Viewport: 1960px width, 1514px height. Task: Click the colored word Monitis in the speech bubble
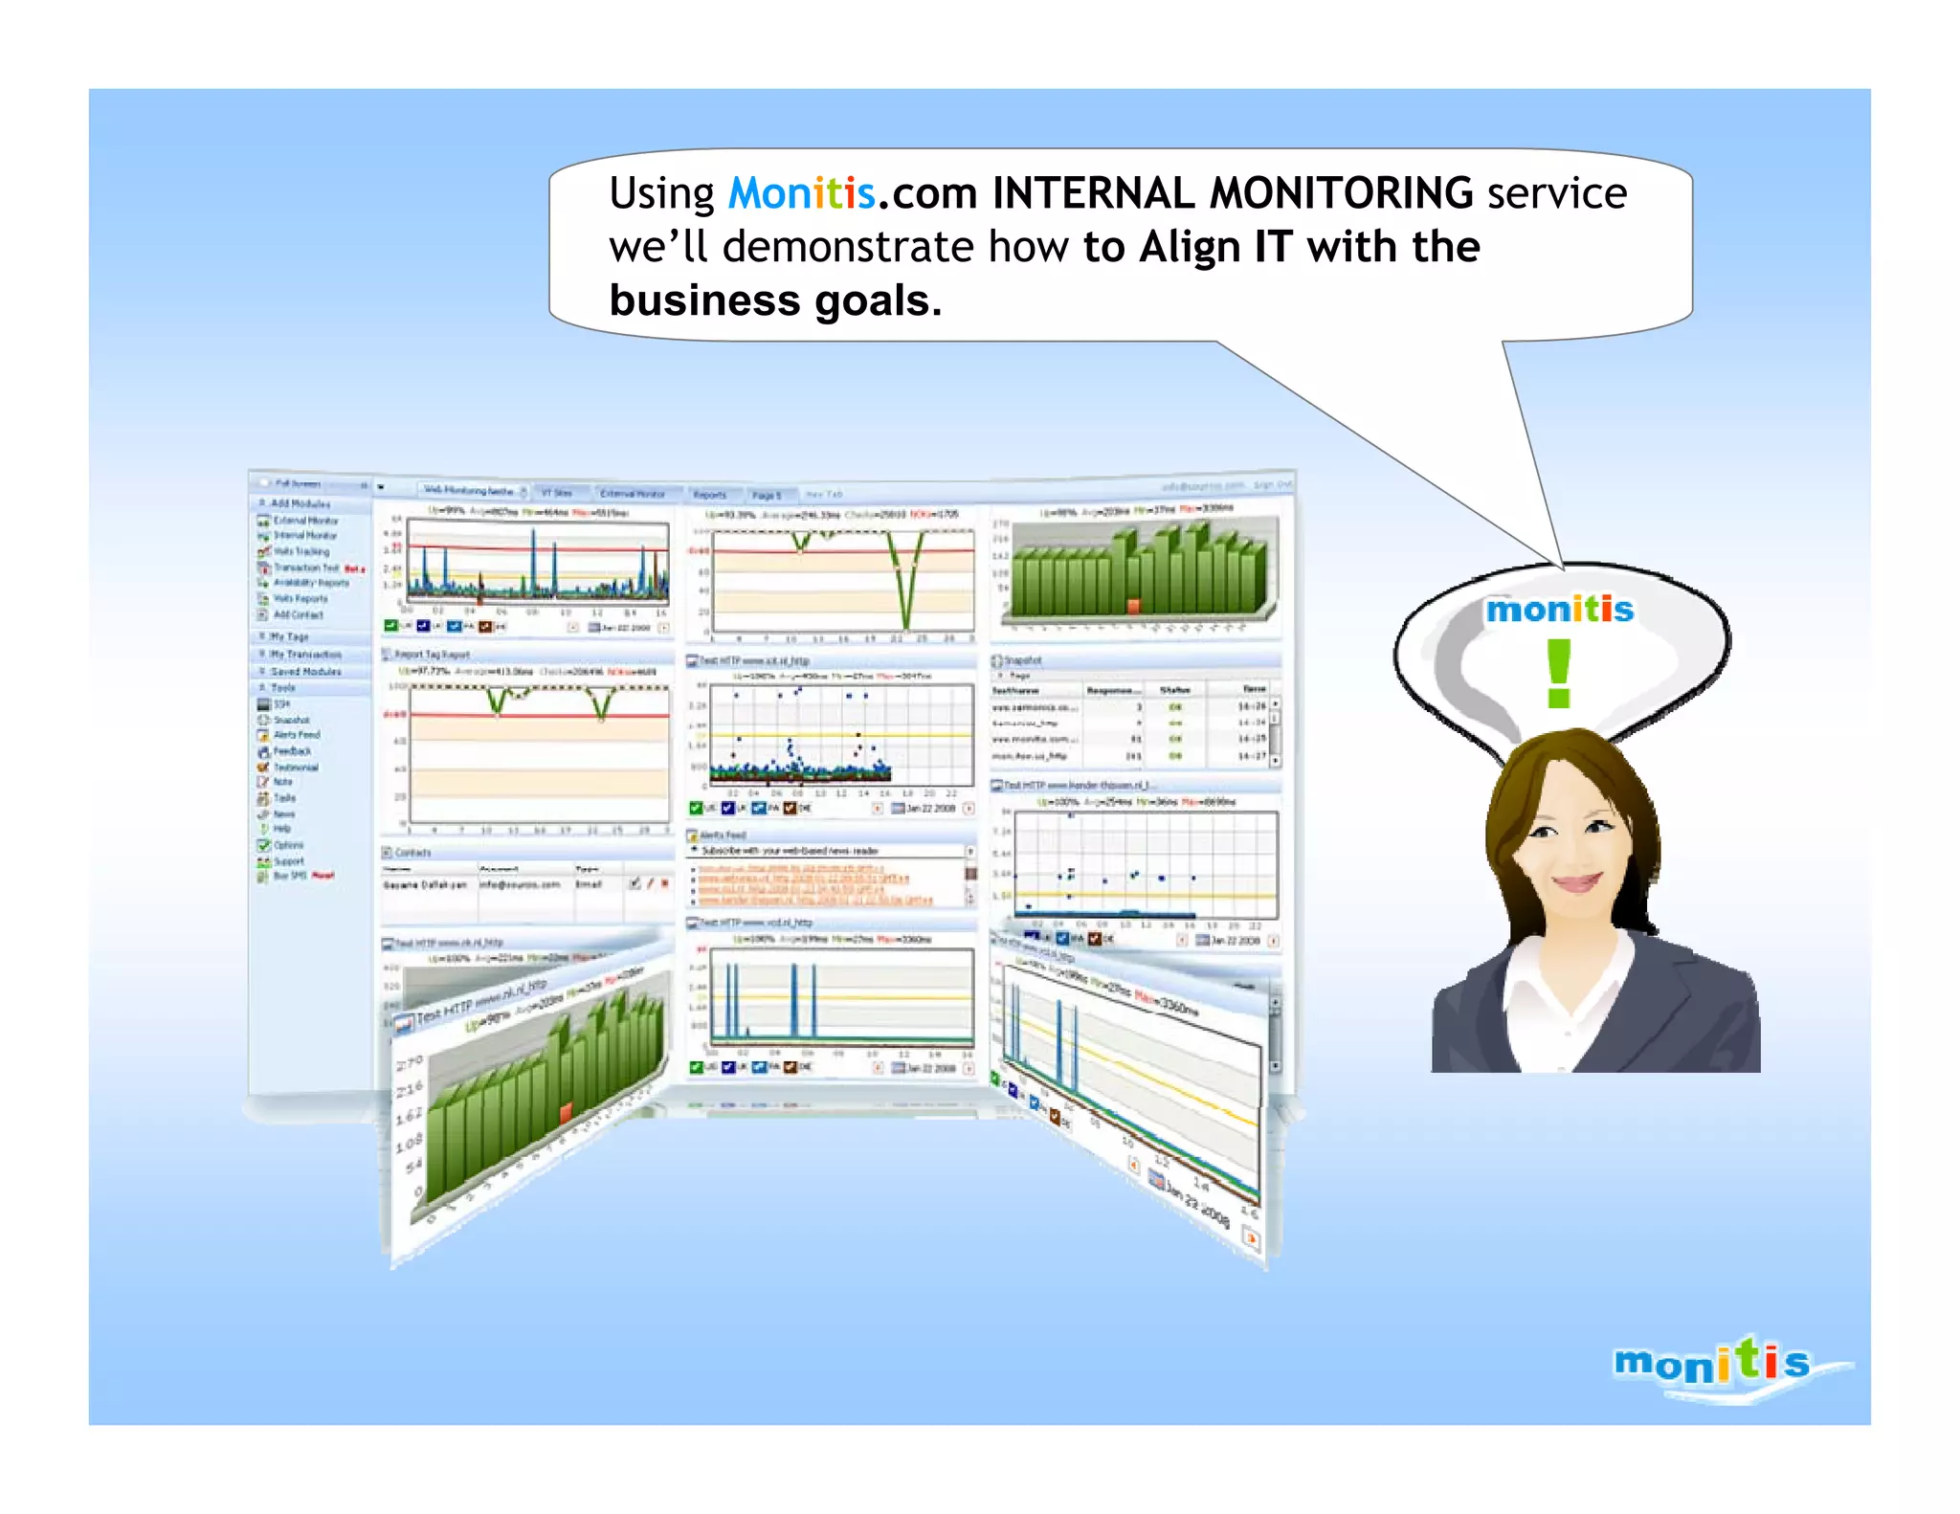(x=801, y=194)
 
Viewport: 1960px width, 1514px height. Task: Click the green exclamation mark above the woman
(x=1558, y=673)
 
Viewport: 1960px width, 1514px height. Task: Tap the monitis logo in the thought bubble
(x=1559, y=610)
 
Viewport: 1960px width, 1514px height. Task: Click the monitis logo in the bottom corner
(x=1713, y=1363)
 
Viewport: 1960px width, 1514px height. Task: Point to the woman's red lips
(x=1577, y=881)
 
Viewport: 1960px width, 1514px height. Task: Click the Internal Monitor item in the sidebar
(x=304, y=536)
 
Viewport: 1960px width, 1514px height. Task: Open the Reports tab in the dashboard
(x=709, y=495)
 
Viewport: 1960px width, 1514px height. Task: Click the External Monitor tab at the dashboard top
(x=632, y=494)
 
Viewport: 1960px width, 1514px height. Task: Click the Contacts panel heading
(x=412, y=852)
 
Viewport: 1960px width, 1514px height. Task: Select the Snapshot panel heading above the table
(x=1022, y=660)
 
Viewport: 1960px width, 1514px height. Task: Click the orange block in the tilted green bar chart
(x=566, y=1111)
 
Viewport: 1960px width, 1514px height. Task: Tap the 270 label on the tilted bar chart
(x=409, y=1063)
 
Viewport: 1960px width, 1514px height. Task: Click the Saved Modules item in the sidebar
(x=305, y=672)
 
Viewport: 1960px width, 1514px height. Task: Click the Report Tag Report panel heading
(x=432, y=655)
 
